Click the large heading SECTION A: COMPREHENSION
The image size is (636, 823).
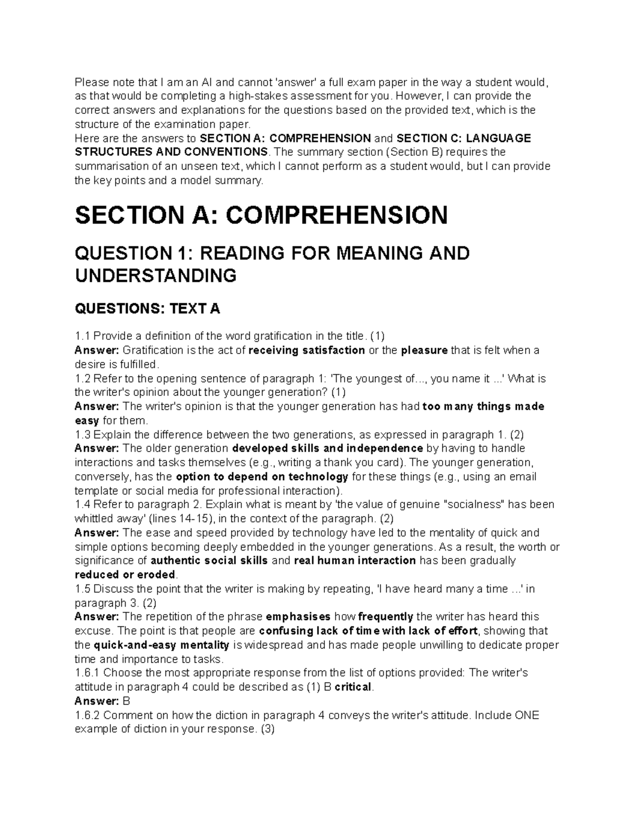[261, 215]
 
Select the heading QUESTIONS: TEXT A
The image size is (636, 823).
[147, 309]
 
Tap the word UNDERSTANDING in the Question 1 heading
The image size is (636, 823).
[155, 276]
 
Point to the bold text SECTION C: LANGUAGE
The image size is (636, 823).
[464, 138]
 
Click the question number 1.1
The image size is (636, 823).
[83, 336]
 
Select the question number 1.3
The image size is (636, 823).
[83, 435]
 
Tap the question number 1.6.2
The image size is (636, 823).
[89, 715]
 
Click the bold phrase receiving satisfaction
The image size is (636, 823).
[307, 350]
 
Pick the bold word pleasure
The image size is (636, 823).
[425, 350]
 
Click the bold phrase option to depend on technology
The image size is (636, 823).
[262, 476]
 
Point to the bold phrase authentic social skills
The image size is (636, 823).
[209, 561]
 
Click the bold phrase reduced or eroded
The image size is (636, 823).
[125, 574]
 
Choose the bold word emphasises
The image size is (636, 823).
[298, 617]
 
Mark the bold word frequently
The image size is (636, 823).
[386, 617]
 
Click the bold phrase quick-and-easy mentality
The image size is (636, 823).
[161, 645]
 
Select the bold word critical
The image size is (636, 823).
[351, 687]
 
